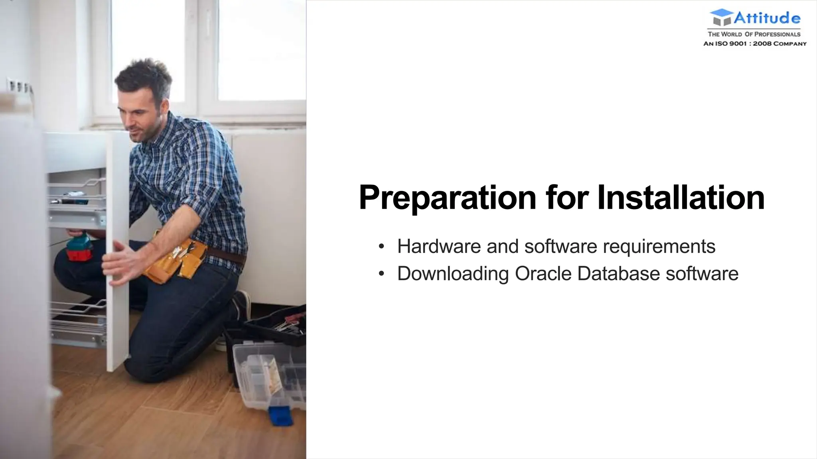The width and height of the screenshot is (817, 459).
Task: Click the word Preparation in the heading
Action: (x=447, y=198)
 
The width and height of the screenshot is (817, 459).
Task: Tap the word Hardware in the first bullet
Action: (x=439, y=246)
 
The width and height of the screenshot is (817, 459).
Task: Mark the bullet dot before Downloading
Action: (x=381, y=274)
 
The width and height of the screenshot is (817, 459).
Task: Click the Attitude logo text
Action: (x=767, y=18)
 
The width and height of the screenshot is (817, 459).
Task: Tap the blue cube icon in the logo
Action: (x=721, y=18)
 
